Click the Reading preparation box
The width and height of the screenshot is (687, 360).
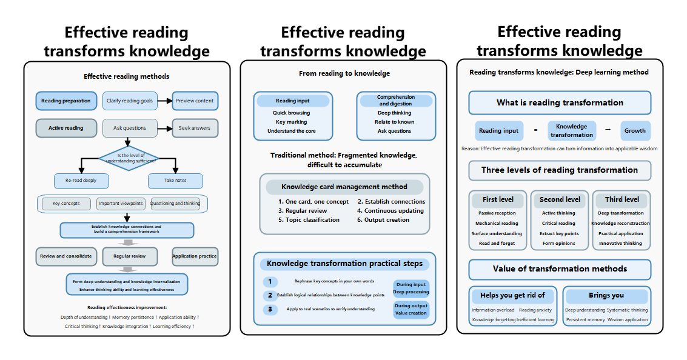pyautogui.click(x=66, y=101)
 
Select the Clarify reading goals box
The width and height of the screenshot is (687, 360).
pyautogui.click(x=130, y=101)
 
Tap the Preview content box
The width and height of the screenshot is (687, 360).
pyautogui.click(x=195, y=101)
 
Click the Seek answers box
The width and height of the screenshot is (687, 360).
pyautogui.click(x=195, y=128)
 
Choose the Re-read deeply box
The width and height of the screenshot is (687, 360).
pyautogui.click(x=81, y=181)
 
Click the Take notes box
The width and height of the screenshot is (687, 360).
pyautogui.click(x=175, y=181)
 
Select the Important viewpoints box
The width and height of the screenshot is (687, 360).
pyautogui.click(x=121, y=204)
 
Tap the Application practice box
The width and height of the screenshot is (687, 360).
pyautogui.click(x=195, y=256)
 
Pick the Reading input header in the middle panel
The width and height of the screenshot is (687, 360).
pyautogui.click(x=292, y=101)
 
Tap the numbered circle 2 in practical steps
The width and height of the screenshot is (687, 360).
pyautogui.click(x=270, y=296)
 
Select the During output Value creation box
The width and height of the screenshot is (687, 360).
pyautogui.click(x=411, y=310)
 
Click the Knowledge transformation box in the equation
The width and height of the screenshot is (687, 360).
pyautogui.click(x=572, y=130)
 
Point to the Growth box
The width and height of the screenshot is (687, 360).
pyautogui.click(x=635, y=130)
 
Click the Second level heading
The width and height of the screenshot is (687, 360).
pyautogui.click(x=560, y=199)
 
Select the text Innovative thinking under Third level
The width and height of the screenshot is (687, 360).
pyautogui.click(x=620, y=244)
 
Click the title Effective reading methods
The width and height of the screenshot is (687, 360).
pyautogui.click(x=127, y=76)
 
